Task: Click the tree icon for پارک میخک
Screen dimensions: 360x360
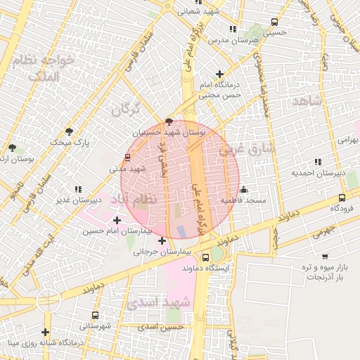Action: click(x=69, y=131)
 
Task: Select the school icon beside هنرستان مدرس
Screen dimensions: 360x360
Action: click(x=233, y=29)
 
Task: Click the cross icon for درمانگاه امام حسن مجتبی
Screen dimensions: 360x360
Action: click(x=220, y=74)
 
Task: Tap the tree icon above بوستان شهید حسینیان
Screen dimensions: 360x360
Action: click(x=168, y=122)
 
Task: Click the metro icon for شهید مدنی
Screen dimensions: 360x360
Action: click(x=127, y=157)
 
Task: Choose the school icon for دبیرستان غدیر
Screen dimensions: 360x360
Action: click(x=77, y=189)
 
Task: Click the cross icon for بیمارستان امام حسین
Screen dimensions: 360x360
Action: click(x=117, y=220)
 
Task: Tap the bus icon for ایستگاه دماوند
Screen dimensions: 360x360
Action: click(x=205, y=257)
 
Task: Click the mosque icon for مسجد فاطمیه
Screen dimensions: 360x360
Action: click(x=244, y=189)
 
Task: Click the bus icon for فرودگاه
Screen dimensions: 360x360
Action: click(x=342, y=198)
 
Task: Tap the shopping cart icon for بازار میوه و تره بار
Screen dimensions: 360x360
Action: click(x=325, y=257)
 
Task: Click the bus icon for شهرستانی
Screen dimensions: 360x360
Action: click(x=95, y=315)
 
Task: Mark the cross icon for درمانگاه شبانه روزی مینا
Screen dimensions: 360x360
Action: click(x=46, y=332)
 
